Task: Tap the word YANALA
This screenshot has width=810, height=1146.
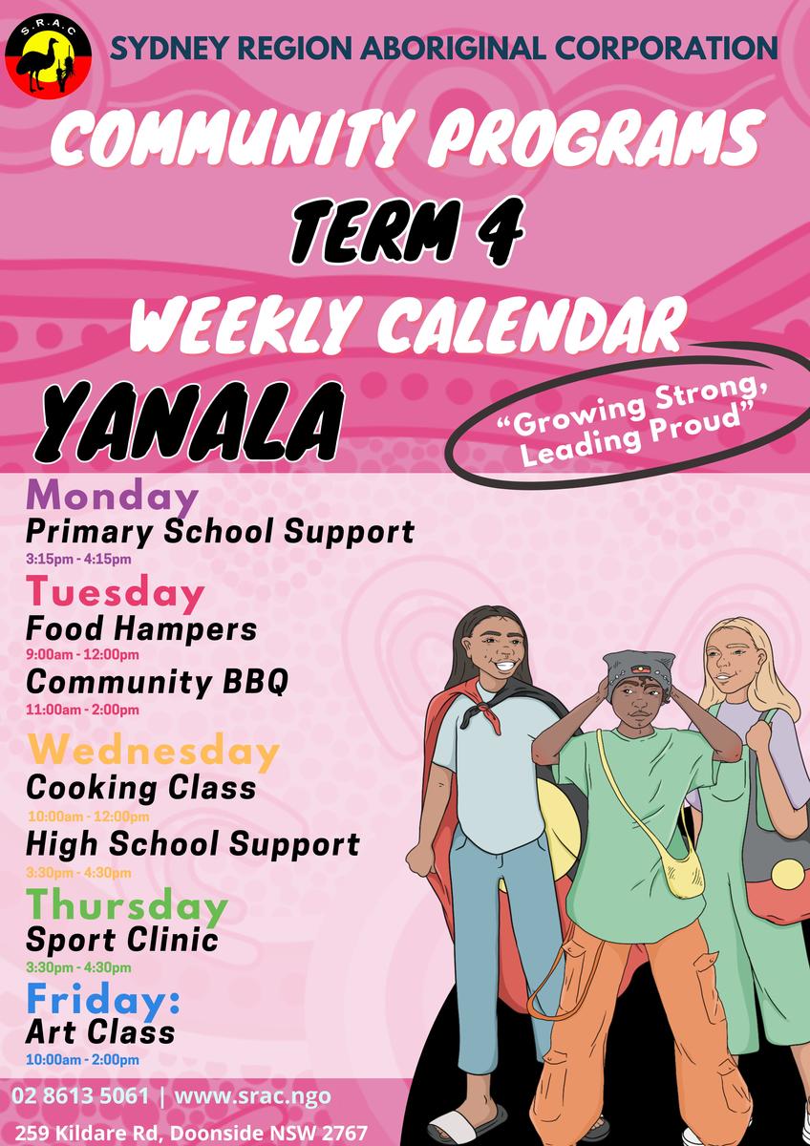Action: point(189,424)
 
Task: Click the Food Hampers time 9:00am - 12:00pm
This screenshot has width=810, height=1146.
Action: point(82,654)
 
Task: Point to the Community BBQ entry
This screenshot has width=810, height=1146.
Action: point(157,682)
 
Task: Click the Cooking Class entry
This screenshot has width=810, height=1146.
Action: point(140,788)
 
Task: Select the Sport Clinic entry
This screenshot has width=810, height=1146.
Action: point(121,940)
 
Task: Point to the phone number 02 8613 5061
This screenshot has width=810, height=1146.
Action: point(80,1096)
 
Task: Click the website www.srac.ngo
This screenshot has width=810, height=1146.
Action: point(252,1096)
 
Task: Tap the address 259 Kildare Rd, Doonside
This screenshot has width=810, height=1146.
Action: point(190,1133)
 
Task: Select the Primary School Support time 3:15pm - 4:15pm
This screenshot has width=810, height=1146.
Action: point(78,558)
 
